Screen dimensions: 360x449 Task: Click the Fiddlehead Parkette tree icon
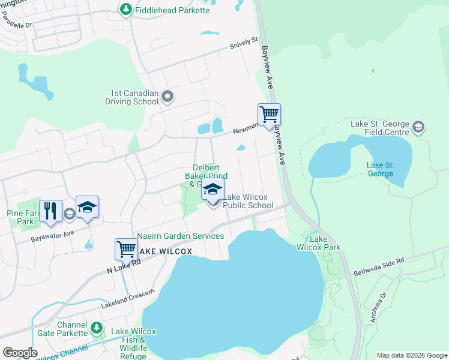point(126,10)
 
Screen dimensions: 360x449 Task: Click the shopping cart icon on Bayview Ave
point(269,113)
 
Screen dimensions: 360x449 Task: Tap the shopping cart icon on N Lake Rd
point(126,248)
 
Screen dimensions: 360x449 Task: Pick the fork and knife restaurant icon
point(50,211)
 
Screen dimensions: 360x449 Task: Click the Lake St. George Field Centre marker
point(418,127)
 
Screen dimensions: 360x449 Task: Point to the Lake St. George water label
point(380,169)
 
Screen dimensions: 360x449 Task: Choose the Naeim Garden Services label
point(181,236)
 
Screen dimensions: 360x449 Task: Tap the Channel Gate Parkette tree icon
point(96,328)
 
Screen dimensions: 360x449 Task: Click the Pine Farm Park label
point(21,217)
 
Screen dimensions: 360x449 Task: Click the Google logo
point(20,353)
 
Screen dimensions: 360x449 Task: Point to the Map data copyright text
point(411,355)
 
